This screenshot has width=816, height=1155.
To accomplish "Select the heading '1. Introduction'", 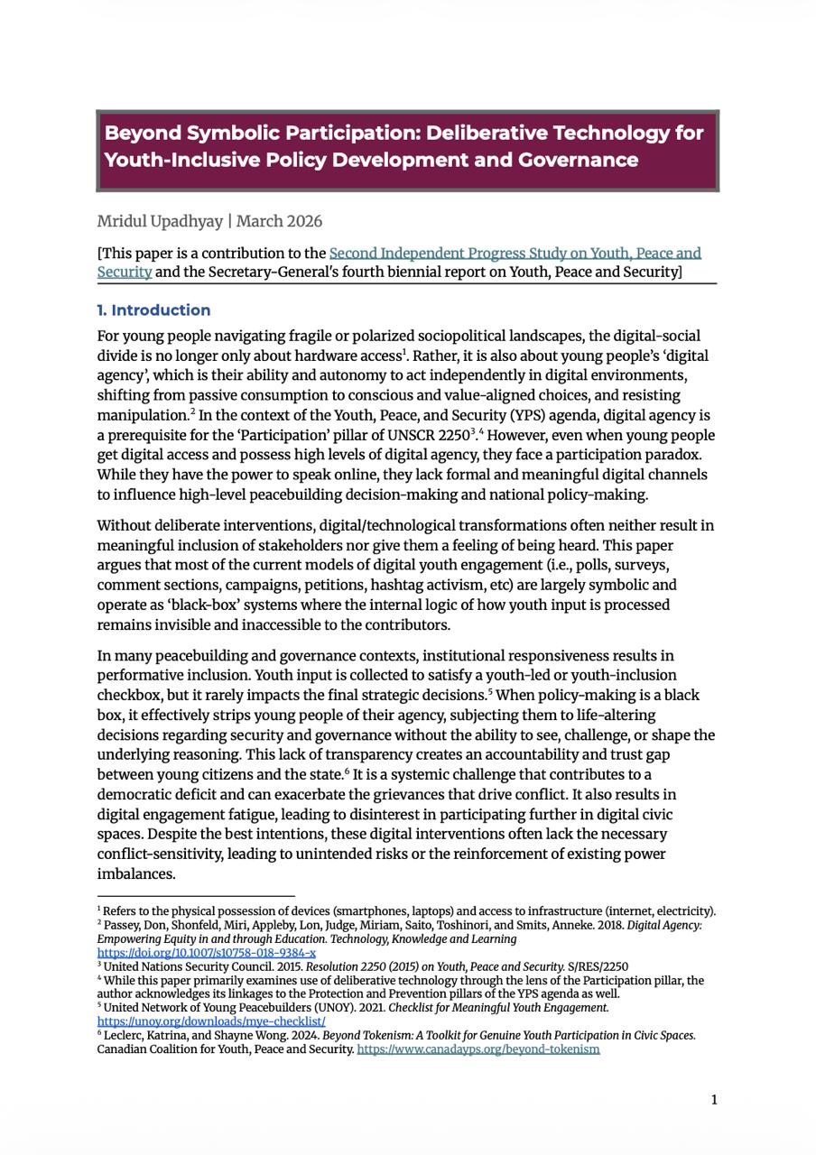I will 153,310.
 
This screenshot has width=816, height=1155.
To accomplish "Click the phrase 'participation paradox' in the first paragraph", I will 624,455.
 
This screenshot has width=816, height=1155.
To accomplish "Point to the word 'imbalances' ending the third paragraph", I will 135,873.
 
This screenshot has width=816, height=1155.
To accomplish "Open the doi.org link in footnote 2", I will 206,953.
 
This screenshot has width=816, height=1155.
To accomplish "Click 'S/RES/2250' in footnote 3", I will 598,966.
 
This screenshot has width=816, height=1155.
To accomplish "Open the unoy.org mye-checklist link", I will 211,1021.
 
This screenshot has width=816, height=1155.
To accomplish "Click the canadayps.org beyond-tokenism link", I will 478,1049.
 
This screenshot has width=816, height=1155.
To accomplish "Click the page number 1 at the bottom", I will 714,1099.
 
